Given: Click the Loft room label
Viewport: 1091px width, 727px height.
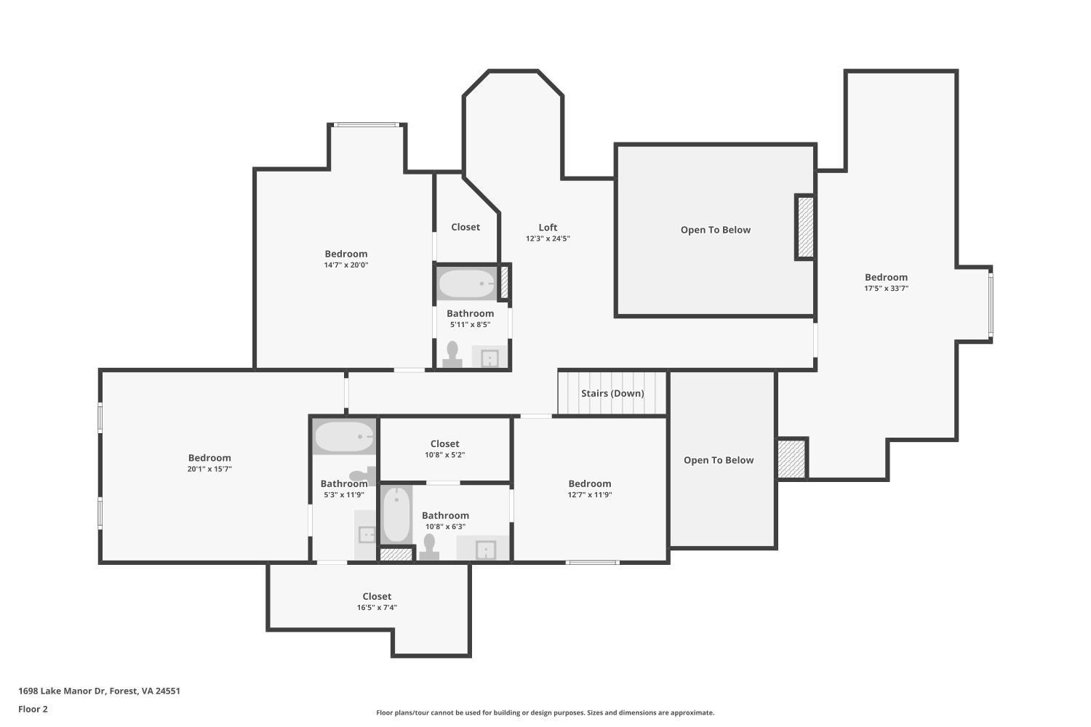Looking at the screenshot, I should [548, 228].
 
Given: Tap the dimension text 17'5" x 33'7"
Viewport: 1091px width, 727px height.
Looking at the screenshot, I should [886, 289].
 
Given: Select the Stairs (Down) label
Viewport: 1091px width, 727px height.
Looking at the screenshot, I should [612, 393].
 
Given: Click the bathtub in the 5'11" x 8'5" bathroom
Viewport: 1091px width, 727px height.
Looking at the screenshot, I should [467, 284].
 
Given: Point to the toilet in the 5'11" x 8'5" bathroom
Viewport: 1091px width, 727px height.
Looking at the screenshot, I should [452, 354].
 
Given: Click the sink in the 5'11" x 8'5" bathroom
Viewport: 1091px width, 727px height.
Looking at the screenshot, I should [489, 358].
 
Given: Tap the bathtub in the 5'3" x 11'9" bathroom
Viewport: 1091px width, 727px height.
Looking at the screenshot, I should [344, 437].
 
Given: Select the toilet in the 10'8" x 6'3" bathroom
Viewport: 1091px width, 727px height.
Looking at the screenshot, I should [429, 547].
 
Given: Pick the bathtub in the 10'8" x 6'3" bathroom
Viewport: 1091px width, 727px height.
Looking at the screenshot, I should [396, 515].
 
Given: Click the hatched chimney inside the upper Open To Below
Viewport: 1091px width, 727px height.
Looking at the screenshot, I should [805, 227].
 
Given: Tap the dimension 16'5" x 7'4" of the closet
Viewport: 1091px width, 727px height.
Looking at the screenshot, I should [377, 608].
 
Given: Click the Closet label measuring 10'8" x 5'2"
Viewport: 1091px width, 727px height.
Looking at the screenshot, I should [444, 443].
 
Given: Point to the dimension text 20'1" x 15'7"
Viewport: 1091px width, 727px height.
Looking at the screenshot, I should [209, 470].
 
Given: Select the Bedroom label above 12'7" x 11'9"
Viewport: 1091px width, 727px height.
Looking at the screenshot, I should [589, 483].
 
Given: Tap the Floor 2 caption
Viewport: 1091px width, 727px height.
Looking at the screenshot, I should [33, 709].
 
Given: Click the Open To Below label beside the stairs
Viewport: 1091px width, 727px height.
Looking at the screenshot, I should [718, 460].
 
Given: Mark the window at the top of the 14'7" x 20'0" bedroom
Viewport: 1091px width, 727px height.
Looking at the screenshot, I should [367, 125].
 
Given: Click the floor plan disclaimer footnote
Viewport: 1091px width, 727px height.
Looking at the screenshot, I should [545, 712].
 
